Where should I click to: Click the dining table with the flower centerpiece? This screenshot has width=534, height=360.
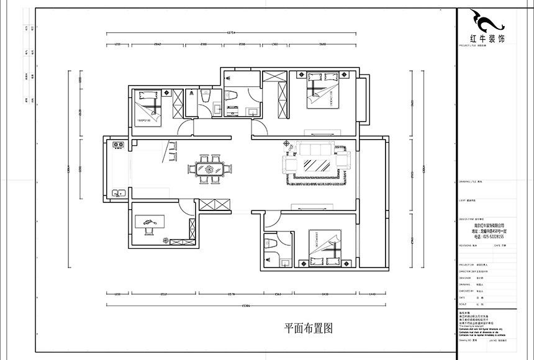pos(209,169)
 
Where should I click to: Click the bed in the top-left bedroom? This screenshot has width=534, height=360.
pos(150,106)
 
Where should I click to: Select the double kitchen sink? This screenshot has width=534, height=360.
pos(117,192)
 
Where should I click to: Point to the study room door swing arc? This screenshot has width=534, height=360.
pos(185,210)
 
